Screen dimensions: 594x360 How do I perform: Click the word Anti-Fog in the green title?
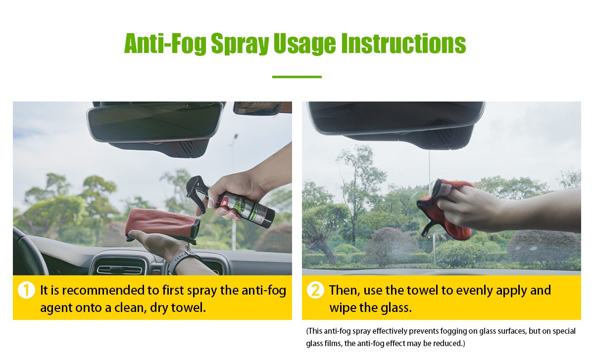pyautogui.click(x=165, y=44)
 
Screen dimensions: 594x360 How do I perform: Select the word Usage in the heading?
pyautogui.click(x=305, y=44)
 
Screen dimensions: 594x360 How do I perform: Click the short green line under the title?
pyautogui.click(x=297, y=77)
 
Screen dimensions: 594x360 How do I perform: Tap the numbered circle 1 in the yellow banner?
pyautogui.click(x=26, y=290)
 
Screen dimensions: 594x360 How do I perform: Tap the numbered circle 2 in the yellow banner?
pyautogui.click(x=315, y=290)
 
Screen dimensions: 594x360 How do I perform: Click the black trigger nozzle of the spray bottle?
pyautogui.click(x=197, y=191)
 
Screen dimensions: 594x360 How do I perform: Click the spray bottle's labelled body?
pyautogui.click(x=246, y=208)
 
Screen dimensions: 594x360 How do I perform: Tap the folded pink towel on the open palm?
pyautogui.click(x=162, y=225)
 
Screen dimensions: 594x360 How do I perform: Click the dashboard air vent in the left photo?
pyautogui.click(x=119, y=267)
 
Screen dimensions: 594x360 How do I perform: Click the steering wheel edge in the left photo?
pyautogui.click(x=29, y=252)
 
